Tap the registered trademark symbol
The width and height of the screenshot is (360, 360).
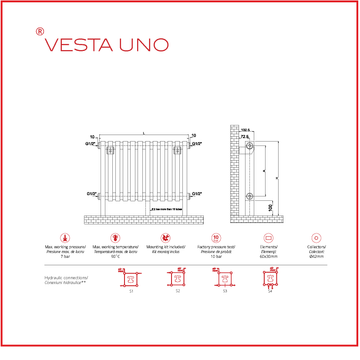point(39,32)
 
